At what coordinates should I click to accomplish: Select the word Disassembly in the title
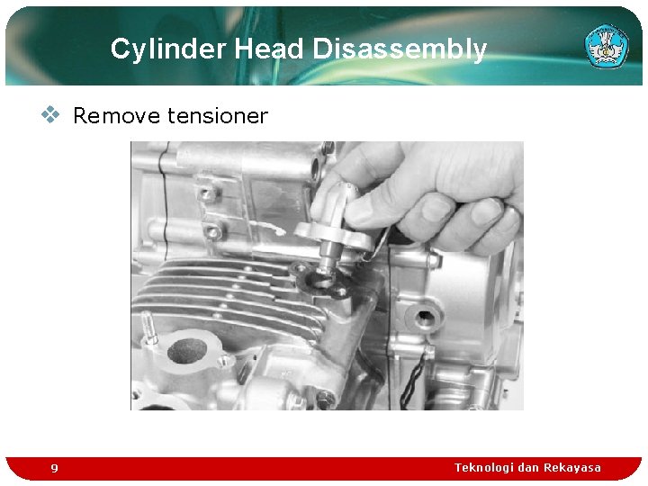(x=400, y=49)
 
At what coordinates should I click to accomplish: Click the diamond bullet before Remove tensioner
(x=52, y=114)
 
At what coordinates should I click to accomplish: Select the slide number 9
(x=54, y=468)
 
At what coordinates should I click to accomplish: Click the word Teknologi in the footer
(x=485, y=467)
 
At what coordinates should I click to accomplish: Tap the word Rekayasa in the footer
(x=572, y=467)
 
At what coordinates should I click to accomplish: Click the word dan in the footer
(x=529, y=467)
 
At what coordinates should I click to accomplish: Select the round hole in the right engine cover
(x=422, y=318)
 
